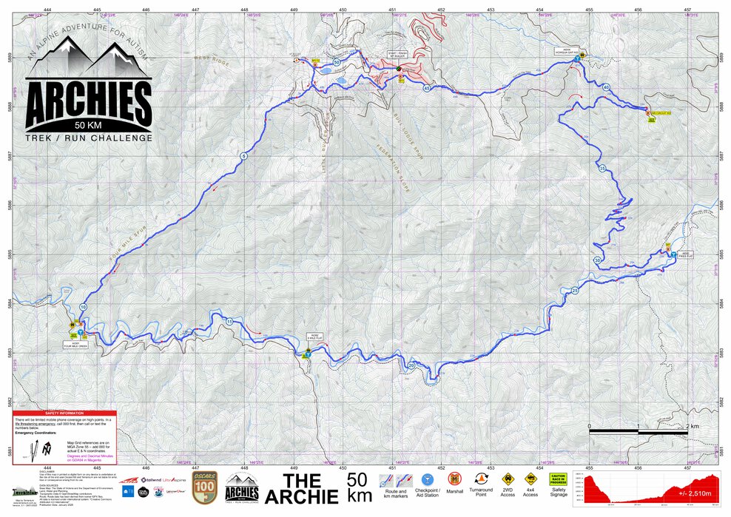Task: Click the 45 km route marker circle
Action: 427,88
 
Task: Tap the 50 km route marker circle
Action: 337,63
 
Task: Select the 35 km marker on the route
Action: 603,169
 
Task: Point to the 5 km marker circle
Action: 243,155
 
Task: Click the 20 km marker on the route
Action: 411,365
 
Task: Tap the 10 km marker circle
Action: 83,307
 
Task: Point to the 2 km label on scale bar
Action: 692,427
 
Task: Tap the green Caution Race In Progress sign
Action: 558,481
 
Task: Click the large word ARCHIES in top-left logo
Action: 89,103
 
